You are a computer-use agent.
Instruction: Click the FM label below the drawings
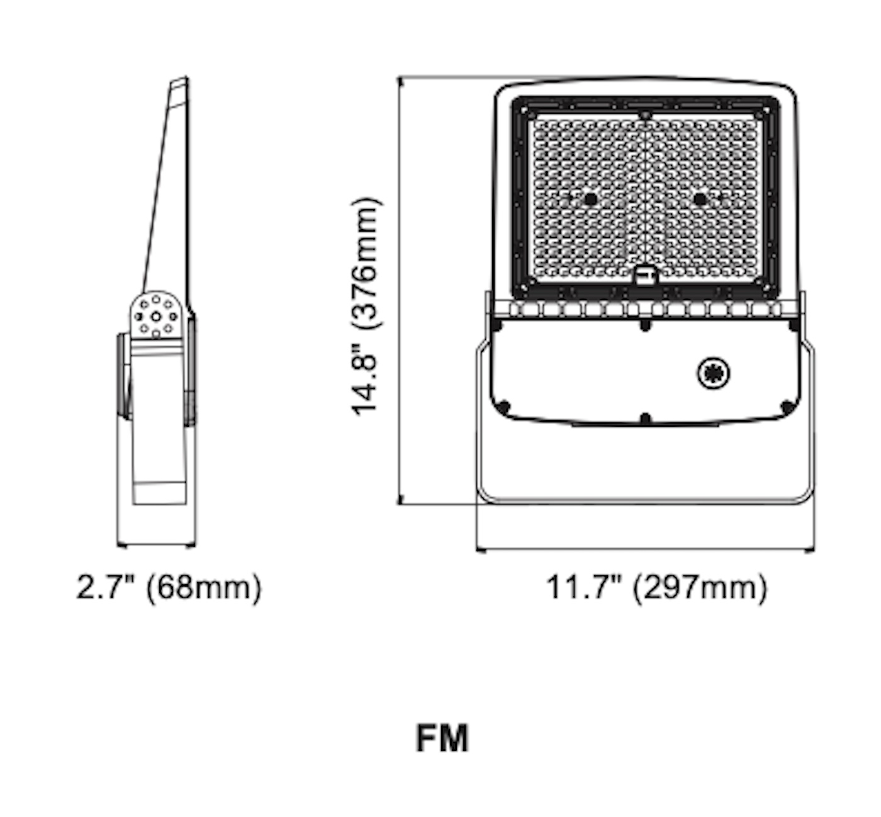click(442, 738)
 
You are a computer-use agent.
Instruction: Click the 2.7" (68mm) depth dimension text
click(169, 588)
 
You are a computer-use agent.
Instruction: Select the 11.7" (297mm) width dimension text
click(656, 588)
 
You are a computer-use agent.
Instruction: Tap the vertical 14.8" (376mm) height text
click(366, 307)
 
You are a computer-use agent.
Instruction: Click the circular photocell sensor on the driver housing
click(714, 373)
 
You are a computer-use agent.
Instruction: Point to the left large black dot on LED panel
click(590, 200)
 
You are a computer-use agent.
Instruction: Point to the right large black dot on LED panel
click(700, 200)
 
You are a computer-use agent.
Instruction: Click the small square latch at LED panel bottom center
click(644, 276)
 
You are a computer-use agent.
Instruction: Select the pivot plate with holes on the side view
click(157, 315)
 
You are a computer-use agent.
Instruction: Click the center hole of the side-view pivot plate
click(156, 316)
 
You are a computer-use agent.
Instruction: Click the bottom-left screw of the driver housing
click(503, 407)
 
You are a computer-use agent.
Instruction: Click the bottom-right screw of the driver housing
click(787, 407)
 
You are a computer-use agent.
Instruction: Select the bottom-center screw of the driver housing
click(645, 418)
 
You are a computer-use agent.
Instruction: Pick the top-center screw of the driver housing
click(645, 325)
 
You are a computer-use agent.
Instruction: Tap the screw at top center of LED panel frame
click(645, 115)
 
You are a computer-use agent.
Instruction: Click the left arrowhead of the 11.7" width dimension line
click(480, 550)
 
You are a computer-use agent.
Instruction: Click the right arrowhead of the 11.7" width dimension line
click(811, 550)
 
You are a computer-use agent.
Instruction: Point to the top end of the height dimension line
click(400, 79)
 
